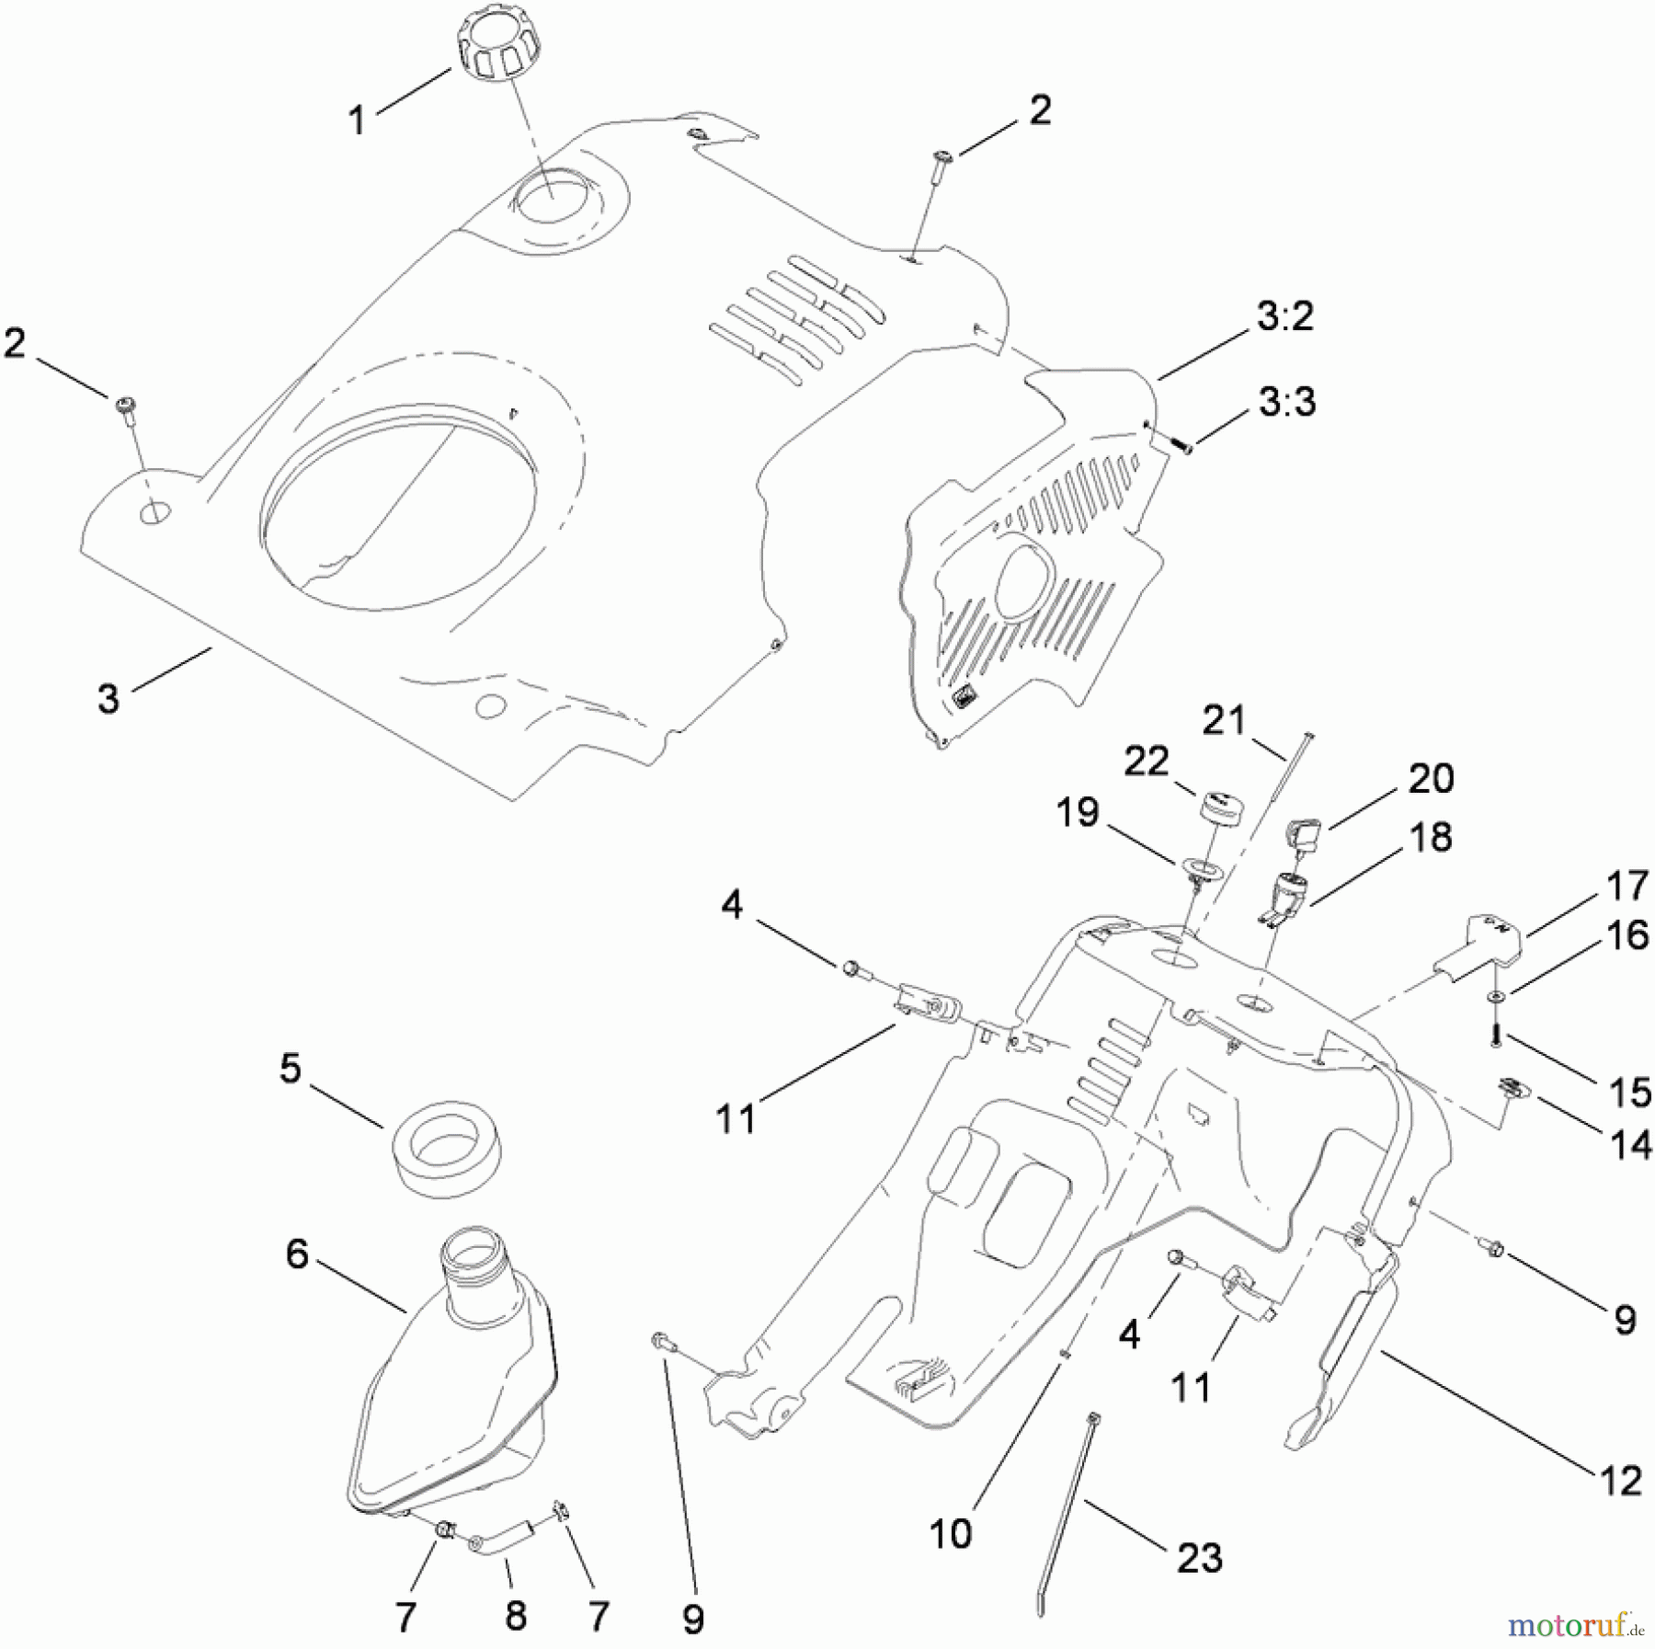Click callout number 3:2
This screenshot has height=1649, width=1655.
pos(1284,316)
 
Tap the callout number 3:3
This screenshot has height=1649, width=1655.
pos(1286,402)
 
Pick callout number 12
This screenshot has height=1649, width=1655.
pos(1620,1481)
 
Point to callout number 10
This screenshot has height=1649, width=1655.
pos(950,1534)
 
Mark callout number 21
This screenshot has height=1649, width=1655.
pos(1223,720)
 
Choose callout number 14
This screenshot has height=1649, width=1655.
pos(1630,1145)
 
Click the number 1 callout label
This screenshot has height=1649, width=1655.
pos(357,120)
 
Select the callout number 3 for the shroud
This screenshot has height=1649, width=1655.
pos(108,699)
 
